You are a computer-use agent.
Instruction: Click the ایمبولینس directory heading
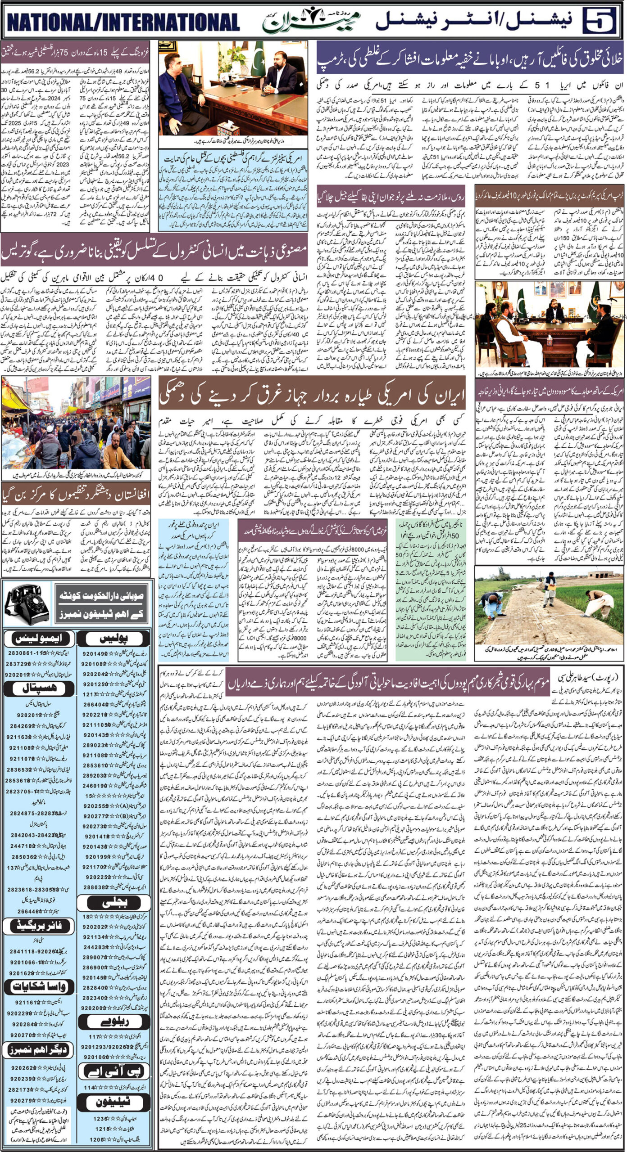38,639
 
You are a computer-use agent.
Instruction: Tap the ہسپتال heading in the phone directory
38,688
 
